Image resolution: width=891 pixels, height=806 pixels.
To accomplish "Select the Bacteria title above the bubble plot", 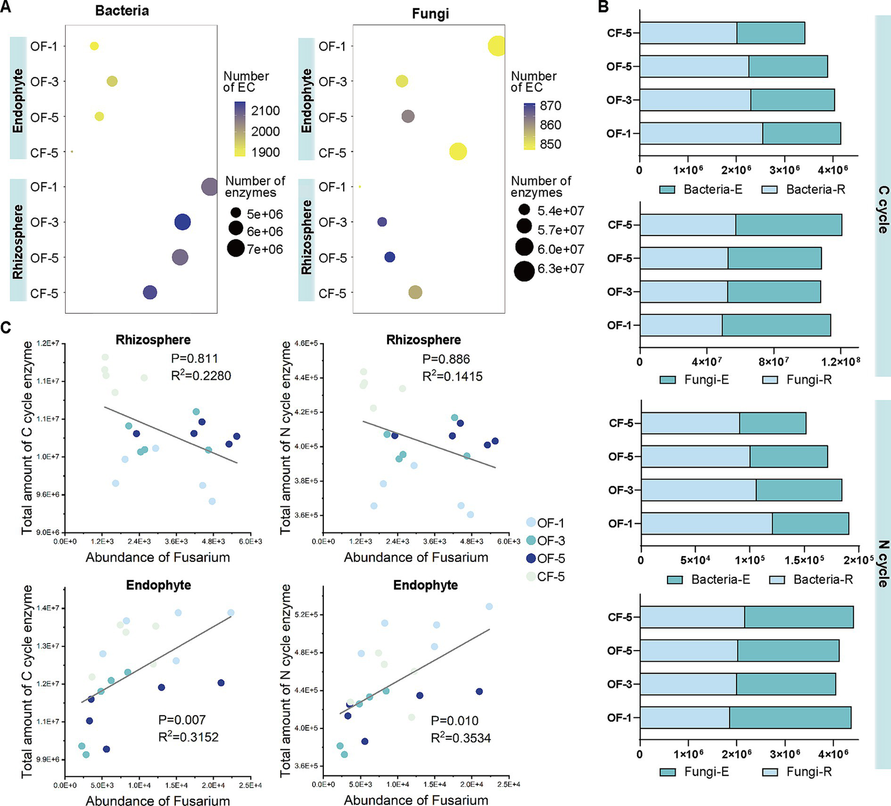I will pyautogui.click(x=122, y=11).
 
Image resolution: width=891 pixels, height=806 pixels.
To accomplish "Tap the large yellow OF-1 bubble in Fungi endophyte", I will pyautogui.click(x=496, y=46).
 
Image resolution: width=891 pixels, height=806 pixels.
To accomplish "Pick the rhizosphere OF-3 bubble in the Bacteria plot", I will pyautogui.click(x=182, y=222).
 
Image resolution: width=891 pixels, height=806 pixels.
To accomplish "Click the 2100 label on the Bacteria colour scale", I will pyautogui.click(x=265, y=111).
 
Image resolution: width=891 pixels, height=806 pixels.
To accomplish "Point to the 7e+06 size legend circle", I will pyautogui.click(x=236, y=249).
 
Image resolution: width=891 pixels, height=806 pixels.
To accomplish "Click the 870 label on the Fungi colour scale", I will pyautogui.click(x=550, y=106).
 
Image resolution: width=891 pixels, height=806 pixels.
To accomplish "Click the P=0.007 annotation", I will pyautogui.click(x=182, y=720).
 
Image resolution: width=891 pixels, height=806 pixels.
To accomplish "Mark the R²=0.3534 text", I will pyautogui.click(x=461, y=738).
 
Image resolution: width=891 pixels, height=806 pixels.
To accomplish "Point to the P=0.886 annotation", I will pyautogui.click(x=446, y=359).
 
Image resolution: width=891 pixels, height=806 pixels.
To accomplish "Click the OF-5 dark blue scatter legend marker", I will pyautogui.click(x=531, y=558).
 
